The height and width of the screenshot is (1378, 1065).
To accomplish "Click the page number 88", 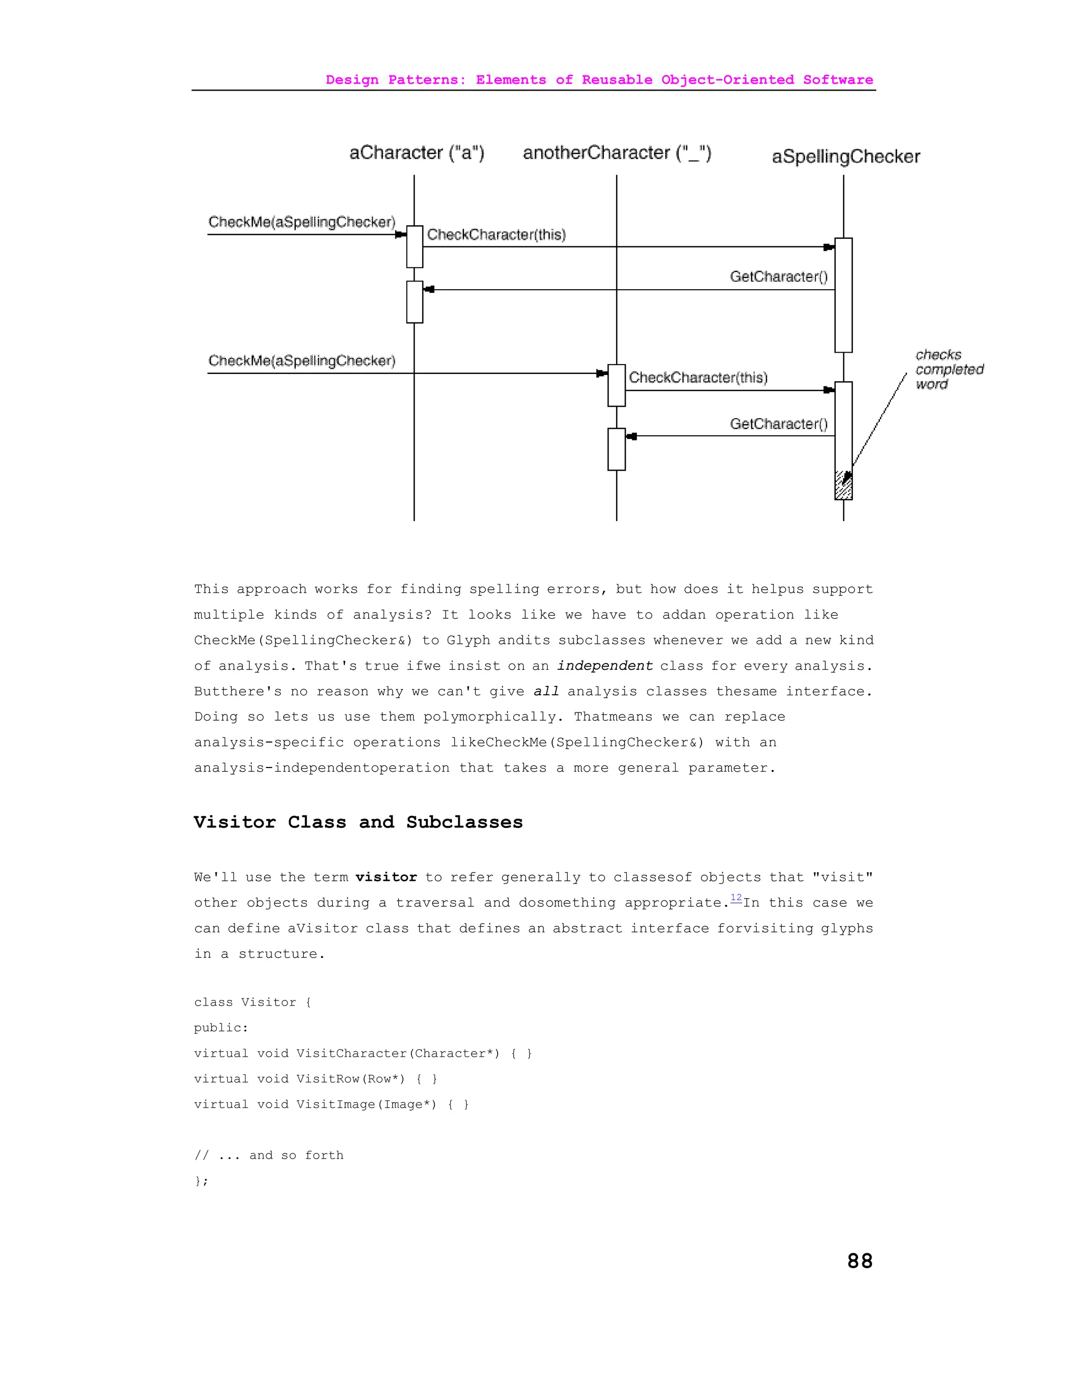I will [859, 1260].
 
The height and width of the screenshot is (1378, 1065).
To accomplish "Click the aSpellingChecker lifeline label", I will [846, 157].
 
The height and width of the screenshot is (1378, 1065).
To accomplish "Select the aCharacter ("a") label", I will [417, 153].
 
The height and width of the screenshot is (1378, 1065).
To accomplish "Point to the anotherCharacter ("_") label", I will [616, 153].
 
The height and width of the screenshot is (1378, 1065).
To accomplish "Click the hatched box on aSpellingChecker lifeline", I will [843, 486].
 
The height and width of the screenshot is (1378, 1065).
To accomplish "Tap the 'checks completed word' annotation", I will [949, 370].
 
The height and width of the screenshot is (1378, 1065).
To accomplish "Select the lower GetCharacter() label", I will [778, 424].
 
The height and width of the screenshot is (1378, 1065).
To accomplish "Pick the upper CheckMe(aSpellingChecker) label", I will [302, 222].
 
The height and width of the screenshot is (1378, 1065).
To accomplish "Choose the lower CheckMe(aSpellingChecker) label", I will [302, 361].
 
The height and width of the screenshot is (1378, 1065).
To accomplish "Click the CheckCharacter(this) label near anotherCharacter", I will [698, 378].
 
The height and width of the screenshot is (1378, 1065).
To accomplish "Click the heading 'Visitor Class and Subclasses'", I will [358, 822].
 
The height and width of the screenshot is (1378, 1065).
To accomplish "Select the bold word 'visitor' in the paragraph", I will [385, 877].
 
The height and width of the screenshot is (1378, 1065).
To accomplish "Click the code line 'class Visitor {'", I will [252, 1002].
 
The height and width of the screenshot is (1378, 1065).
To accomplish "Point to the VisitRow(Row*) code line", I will [316, 1079].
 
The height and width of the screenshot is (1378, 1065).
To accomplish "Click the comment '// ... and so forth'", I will [269, 1155].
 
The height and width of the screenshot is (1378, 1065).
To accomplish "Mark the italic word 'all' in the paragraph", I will [546, 692].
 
